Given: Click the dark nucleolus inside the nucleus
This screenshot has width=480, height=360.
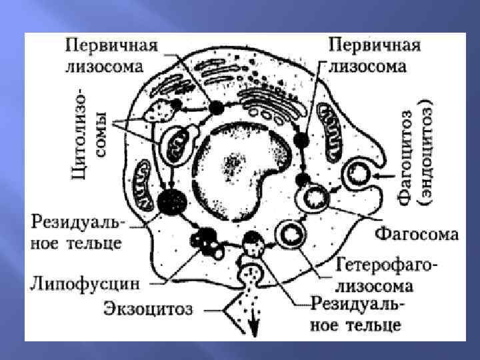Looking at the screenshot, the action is (x=234, y=161).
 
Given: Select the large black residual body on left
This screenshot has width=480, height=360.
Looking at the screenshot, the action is (x=172, y=200).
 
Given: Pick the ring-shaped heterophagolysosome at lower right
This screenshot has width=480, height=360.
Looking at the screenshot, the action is (x=291, y=233).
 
